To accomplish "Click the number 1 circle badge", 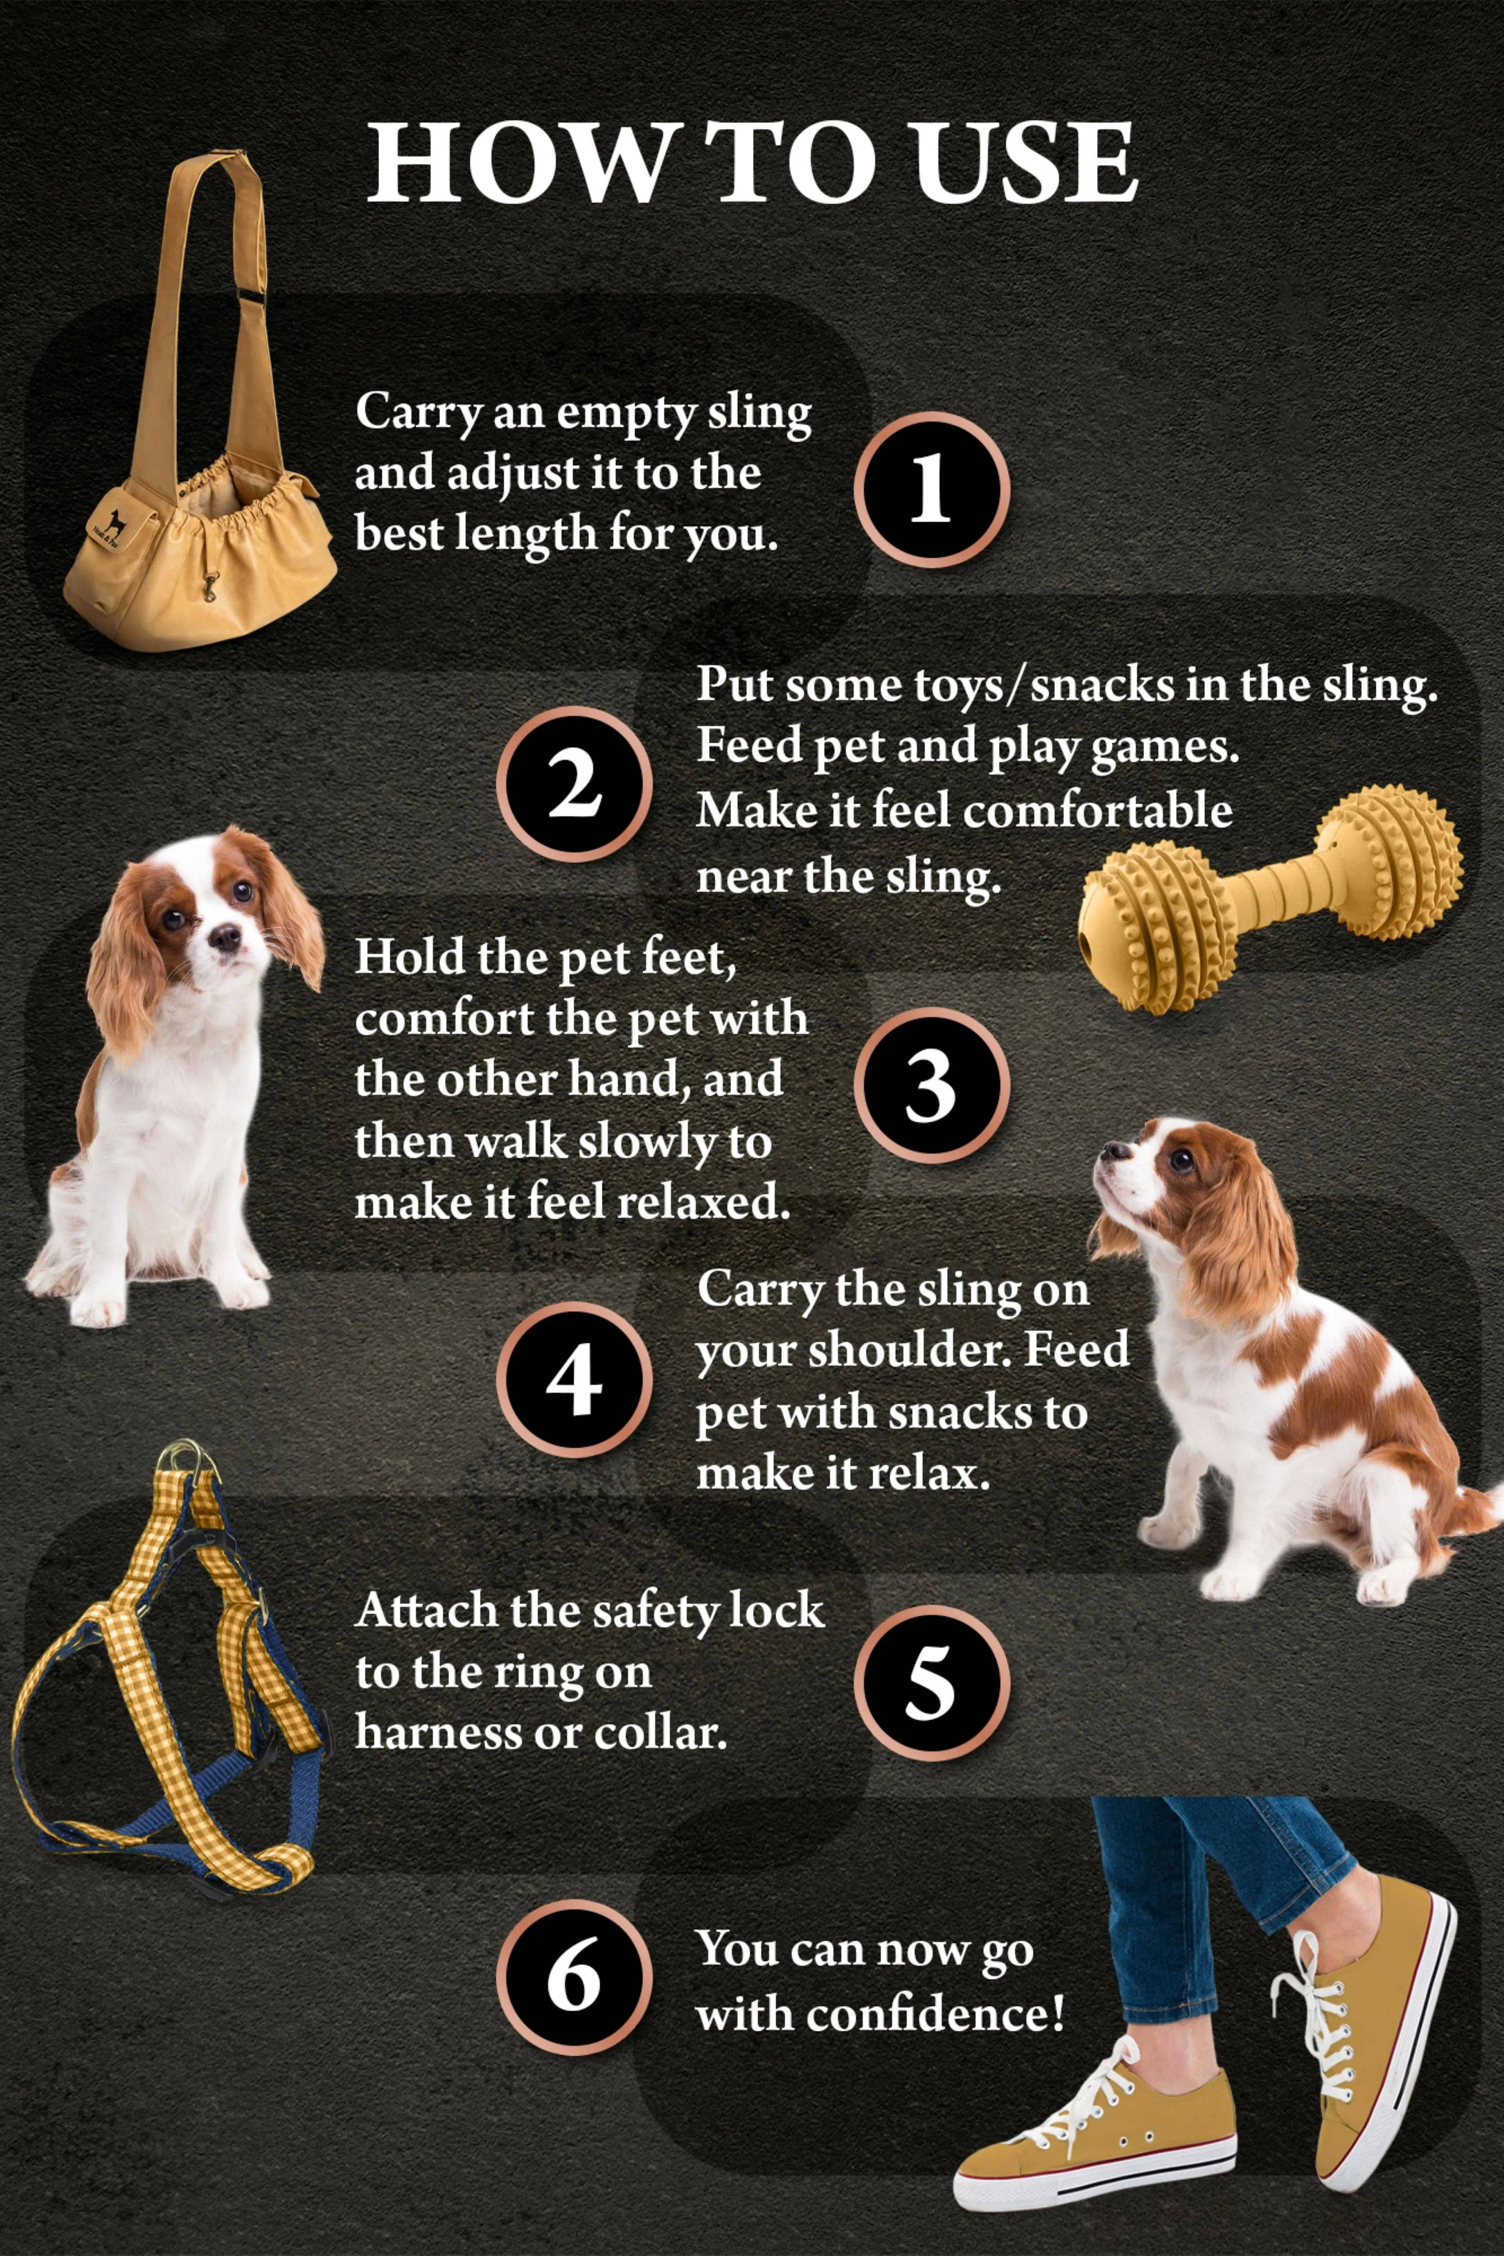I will click(930, 489).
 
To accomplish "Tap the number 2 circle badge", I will click(574, 784).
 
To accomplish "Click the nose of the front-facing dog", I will click(227, 935).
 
